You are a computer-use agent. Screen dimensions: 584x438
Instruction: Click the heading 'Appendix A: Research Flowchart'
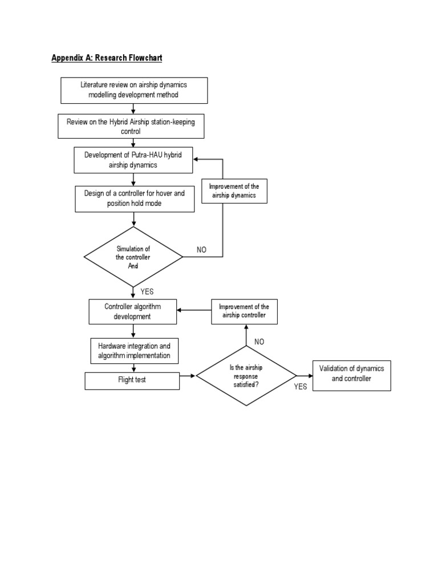[107, 58]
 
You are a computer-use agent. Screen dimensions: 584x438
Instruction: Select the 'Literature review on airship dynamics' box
[133, 90]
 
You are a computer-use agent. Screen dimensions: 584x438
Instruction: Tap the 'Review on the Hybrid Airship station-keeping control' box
[130, 127]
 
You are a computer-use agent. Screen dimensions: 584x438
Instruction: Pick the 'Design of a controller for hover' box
[134, 198]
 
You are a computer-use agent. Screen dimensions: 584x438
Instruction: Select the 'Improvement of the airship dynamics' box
[234, 191]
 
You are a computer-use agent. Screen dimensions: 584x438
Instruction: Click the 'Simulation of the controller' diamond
[133, 257]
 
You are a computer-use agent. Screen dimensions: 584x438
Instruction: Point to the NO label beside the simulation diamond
[201, 250]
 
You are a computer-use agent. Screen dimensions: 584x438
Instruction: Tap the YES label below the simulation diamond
[147, 291]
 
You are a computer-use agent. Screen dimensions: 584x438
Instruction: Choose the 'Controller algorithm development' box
[132, 311]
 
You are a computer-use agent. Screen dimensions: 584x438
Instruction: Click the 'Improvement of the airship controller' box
[244, 311]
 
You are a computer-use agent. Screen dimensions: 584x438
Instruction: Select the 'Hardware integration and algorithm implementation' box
[133, 351]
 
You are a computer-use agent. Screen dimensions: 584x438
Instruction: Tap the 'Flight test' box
[132, 380]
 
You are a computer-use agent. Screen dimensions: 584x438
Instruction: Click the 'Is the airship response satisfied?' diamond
[246, 376]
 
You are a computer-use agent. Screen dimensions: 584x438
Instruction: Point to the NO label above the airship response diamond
[259, 341]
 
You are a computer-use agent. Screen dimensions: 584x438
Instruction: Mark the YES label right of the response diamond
[301, 387]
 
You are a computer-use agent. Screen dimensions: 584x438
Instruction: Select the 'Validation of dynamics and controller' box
[351, 374]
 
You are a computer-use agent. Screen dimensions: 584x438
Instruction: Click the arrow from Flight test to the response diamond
[188, 376]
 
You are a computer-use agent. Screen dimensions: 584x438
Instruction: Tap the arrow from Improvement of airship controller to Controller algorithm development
[194, 310]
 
